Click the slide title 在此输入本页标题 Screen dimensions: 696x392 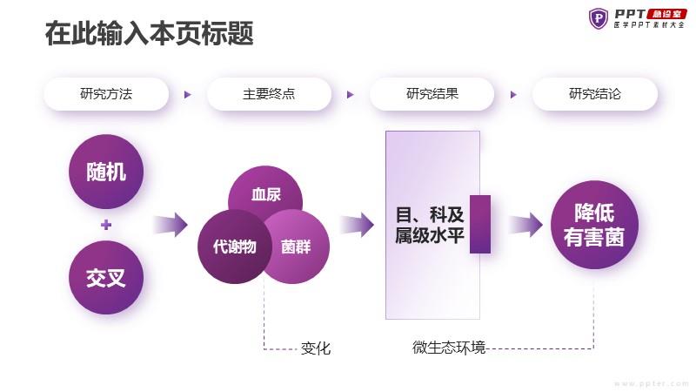(150, 33)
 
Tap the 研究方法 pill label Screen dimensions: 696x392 (106, 94)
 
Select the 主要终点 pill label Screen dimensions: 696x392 (269, 94)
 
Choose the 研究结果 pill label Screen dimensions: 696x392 (432, 94)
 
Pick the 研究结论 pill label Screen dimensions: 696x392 (595, 94)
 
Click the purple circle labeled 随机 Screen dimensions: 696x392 (106, 172)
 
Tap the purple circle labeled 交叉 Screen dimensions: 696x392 (106, 278)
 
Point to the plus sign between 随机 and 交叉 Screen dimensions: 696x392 (106, 225)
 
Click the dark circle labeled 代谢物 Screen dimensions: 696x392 (234, 247)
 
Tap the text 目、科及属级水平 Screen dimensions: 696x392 (430, 225)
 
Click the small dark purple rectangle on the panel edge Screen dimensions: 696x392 (480, 224)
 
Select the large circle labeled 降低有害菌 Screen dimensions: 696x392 (594, 225)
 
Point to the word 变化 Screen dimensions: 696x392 (316, 348)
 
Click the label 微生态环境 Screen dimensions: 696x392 (449, 347)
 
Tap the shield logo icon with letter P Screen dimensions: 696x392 (599, 18)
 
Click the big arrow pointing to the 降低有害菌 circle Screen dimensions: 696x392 (525, 225)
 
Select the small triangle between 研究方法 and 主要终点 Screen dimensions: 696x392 (188, 94)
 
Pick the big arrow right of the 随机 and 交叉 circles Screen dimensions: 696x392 (171, 225)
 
